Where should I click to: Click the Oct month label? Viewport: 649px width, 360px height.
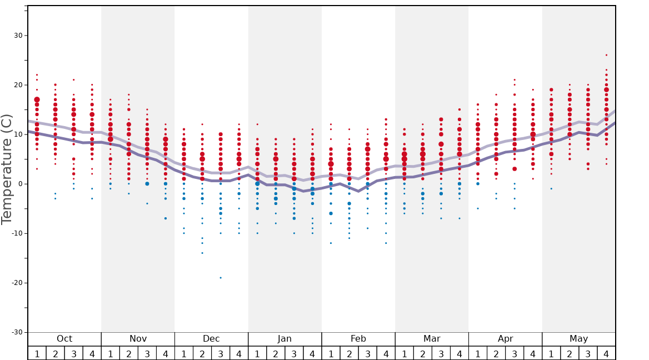coord(64,339)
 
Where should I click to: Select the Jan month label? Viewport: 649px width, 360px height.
coord(284,339)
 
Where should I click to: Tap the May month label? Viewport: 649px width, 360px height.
coord(578,339)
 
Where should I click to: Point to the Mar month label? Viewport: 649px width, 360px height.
coord(432,339)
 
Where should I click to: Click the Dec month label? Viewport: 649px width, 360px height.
coord(211,339)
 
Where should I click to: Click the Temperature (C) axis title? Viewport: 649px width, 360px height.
coord(7,169)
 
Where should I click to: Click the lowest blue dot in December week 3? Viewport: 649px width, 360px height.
coord(221,278)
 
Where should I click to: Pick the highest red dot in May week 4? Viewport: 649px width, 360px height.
coord(606,55)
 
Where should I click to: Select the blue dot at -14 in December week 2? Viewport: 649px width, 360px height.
coord(202,253)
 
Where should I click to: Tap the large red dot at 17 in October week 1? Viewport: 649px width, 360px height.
coord(37,100)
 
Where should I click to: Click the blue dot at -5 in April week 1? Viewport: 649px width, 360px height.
coord(478,208)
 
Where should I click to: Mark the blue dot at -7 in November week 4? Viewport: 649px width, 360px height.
coord(166,218)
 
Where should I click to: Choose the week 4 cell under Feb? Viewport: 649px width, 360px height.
coord(386,353)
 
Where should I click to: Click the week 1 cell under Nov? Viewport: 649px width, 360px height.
coord(111,353)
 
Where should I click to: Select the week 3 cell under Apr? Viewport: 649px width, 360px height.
coord(515,353)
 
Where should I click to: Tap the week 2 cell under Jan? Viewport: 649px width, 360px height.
coord(276,353)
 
